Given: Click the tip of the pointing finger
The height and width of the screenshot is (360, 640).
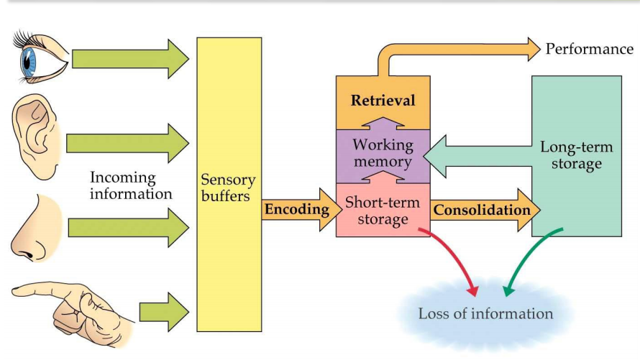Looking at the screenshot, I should coord(16,291).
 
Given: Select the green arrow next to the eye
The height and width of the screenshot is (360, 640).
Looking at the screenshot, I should coord(129,58).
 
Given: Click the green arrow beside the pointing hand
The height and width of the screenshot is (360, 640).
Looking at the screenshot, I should coord(163,312).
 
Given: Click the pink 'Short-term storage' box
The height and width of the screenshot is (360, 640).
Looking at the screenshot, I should coord(382,211).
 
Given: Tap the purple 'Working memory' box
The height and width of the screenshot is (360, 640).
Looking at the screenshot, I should coord(383,153).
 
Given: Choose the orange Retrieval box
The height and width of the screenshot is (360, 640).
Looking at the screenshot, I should coord(383,101).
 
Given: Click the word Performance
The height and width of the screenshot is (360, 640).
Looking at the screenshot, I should coord(590,49).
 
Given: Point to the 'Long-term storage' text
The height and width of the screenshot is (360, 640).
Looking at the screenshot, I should coord(577,156).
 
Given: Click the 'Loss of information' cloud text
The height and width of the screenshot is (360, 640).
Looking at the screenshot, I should coord(486,313).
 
